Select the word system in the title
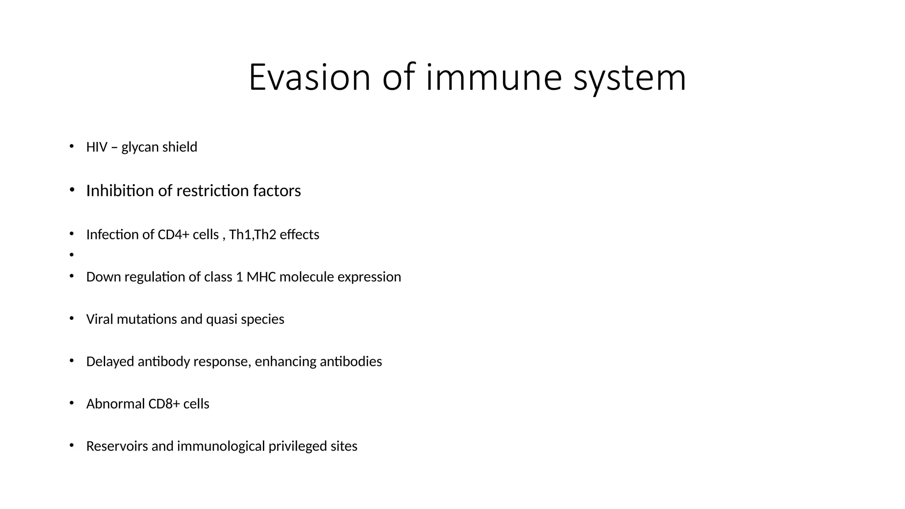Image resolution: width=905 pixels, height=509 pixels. (x=630, y=79)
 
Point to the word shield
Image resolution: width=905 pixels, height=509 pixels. (x=178, y=147)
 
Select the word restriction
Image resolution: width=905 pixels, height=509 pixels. (x=213, y=190)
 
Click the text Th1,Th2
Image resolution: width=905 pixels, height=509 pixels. (x=252, y=234)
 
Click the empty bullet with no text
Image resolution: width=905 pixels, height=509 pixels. (x=71, y=254)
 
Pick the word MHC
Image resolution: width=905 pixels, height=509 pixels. (x=261, y=277)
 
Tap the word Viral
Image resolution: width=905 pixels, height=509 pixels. (x=99, y=319)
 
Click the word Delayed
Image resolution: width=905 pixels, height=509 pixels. (x=110, y=361)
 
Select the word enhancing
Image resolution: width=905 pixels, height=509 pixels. (x=285, y=361)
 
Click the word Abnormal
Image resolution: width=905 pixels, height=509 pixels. (x=115, y=404)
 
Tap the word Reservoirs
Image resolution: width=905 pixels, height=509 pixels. (x=117, y=446)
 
